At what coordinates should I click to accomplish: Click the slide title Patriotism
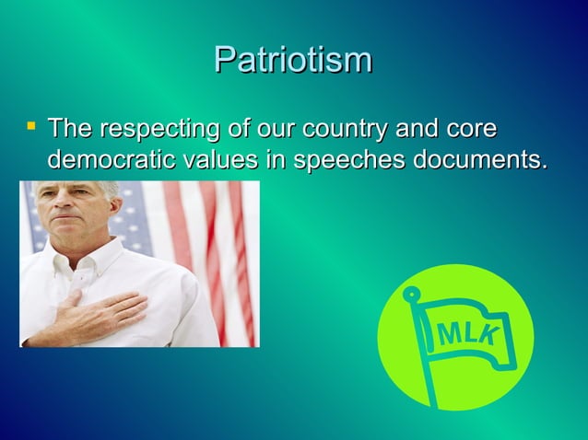coord(293,60)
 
